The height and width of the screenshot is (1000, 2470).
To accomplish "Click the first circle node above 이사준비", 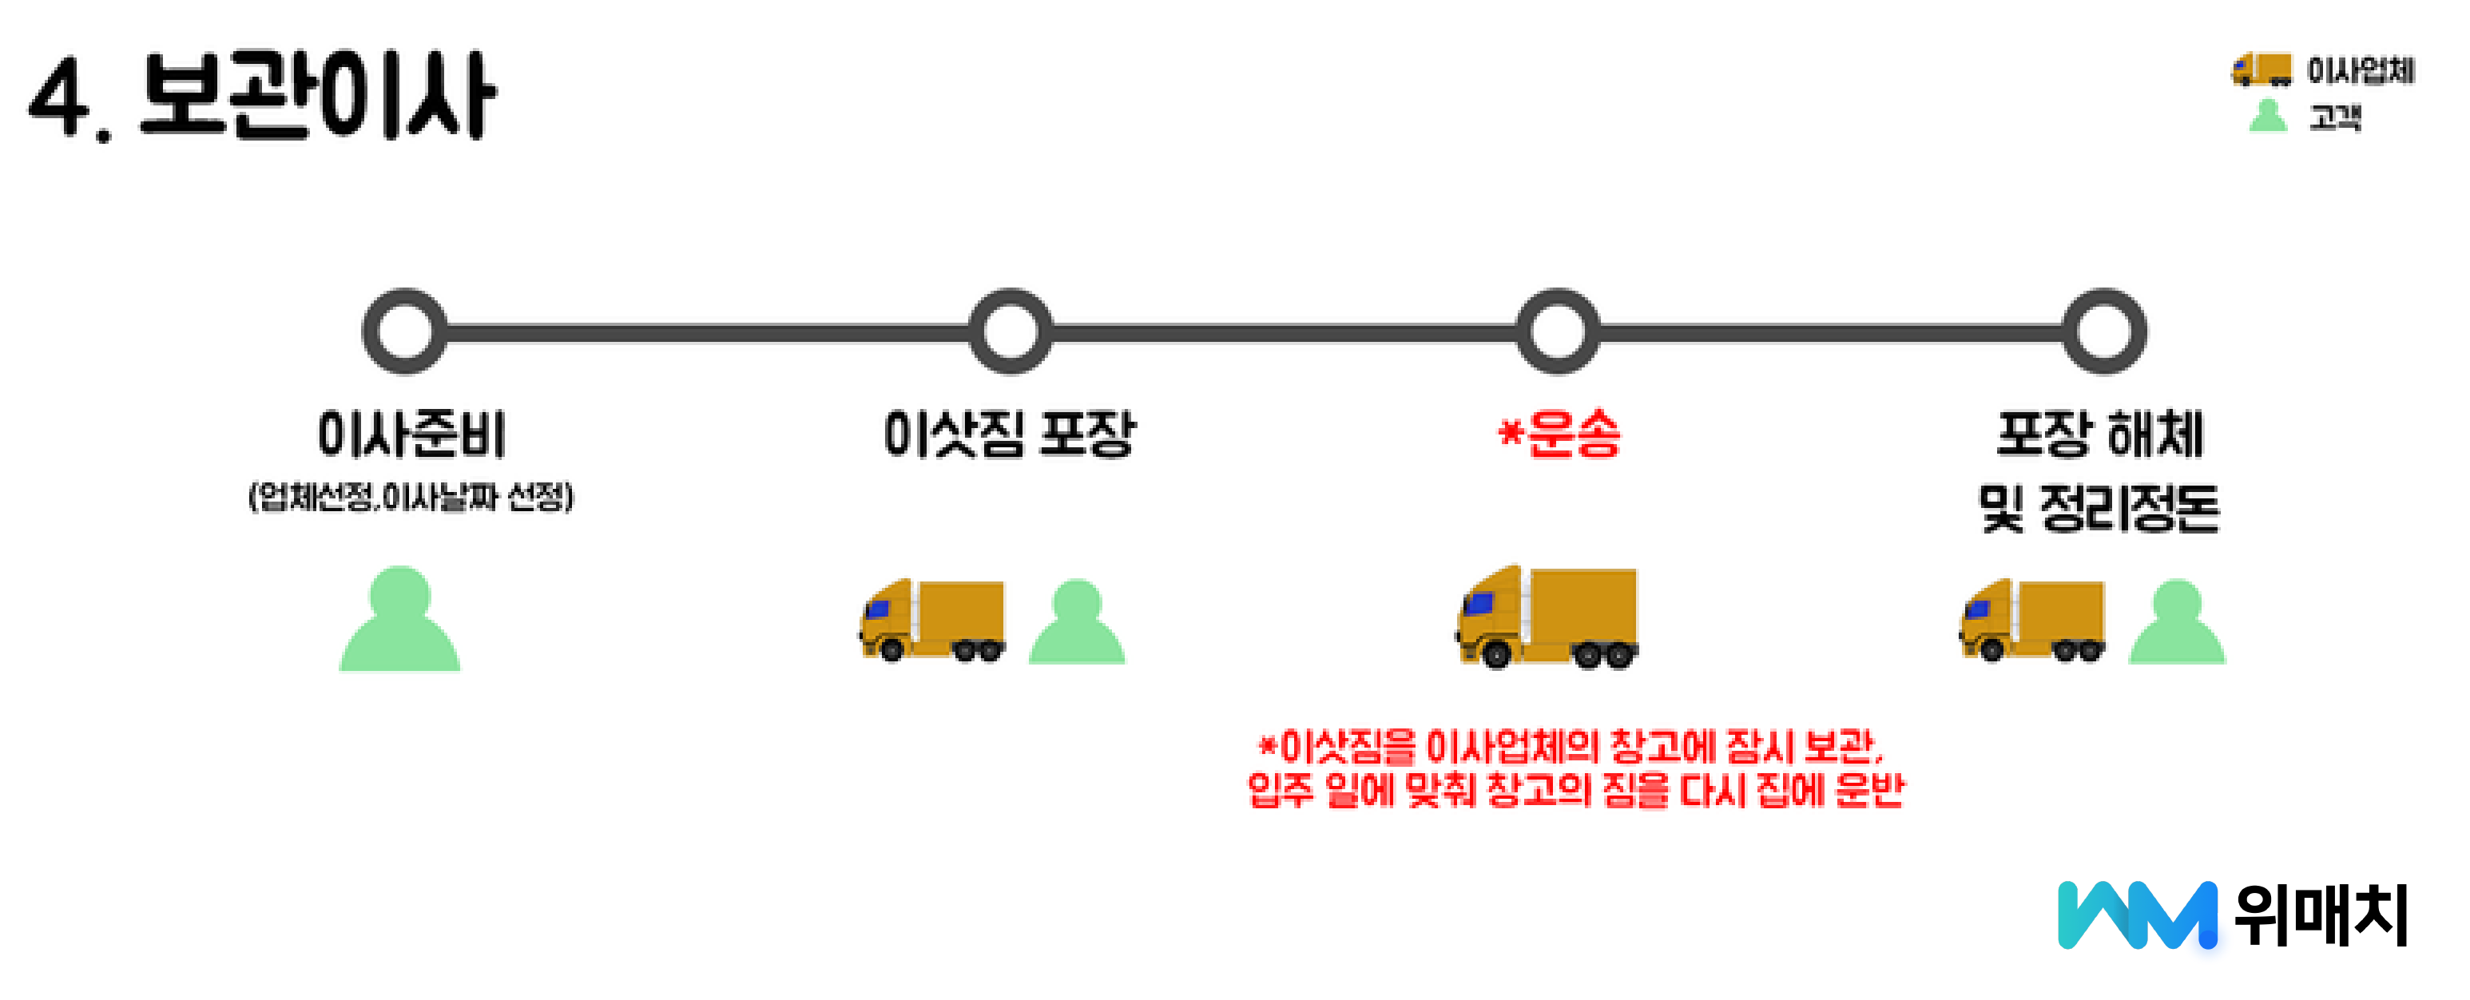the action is coord(405,331).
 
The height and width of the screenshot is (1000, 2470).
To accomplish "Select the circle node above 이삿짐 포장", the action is coord(1011,331).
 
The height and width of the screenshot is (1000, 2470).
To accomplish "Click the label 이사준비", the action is coord(411,435).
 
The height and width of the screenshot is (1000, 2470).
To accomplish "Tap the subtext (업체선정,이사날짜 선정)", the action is coord(411,498).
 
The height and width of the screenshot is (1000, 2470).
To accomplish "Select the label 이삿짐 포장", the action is coord(1010,435).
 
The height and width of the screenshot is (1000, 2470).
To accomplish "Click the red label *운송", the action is coord(1560,435).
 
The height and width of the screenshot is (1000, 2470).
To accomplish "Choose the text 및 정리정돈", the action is coord(2100,508).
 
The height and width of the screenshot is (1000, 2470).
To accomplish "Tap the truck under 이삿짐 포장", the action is coord(932,621).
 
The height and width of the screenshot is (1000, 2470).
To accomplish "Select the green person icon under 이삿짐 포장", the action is coord(1077,623).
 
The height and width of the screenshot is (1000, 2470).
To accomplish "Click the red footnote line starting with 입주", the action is coord(1575,791).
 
